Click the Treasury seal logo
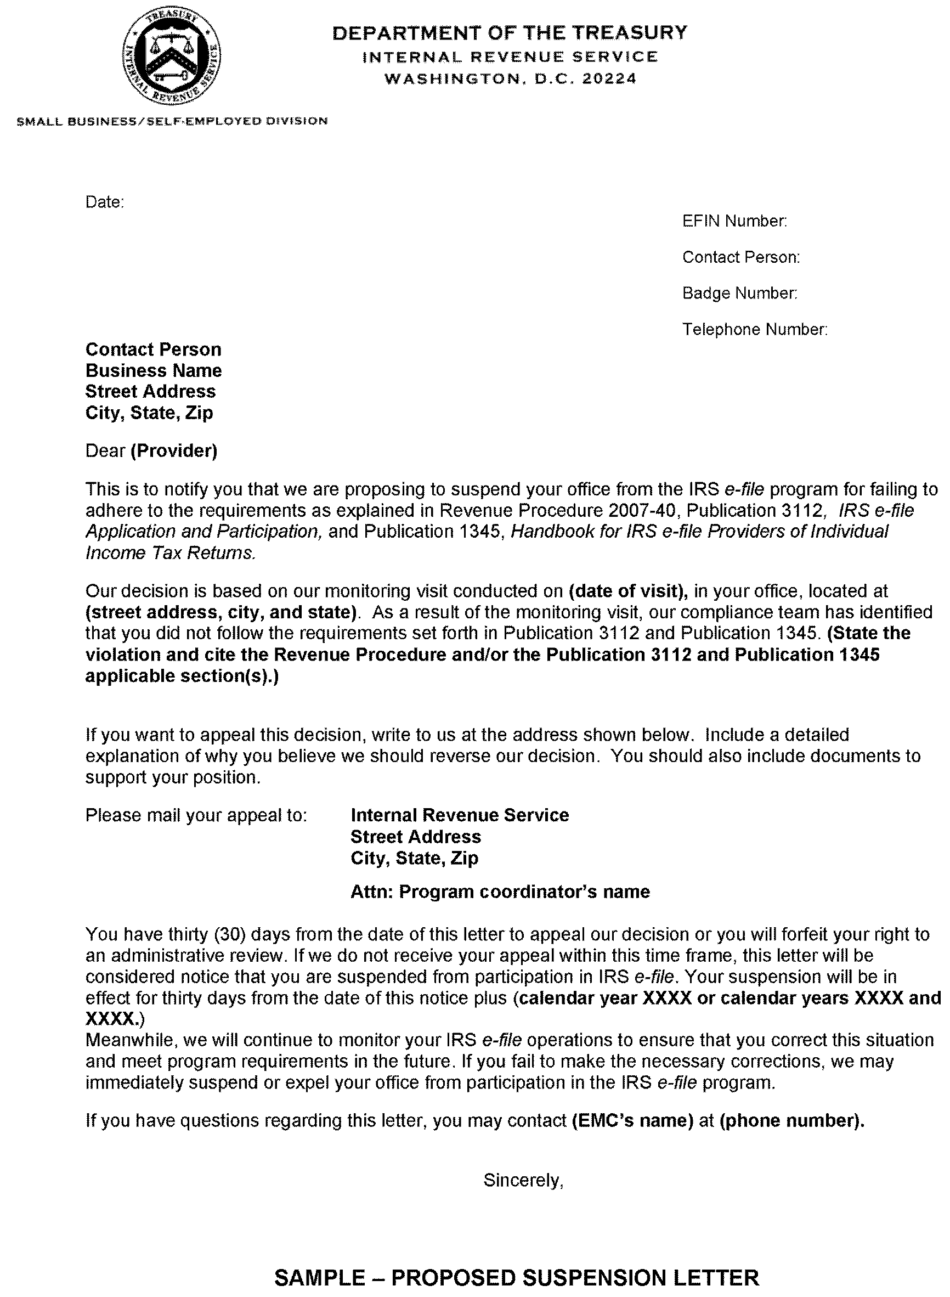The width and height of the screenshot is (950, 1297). [171, 58]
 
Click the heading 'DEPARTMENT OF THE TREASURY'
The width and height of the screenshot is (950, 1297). [510, 33]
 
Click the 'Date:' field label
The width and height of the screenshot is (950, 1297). [105, 202]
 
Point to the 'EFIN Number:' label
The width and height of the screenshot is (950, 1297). [734, 221]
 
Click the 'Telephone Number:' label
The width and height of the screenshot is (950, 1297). [755, 330]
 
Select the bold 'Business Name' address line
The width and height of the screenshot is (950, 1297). [154, 370]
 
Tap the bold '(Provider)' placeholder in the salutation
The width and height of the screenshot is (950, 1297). [174, 450]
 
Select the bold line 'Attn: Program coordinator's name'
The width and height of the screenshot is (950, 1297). [500, 892]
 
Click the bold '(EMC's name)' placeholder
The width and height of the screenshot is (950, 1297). [632, 1120]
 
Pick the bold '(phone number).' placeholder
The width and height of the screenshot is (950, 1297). [792, 1120]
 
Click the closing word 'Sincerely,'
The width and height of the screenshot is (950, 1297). [523, 1180]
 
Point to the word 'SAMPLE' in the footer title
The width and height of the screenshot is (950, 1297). [319, 1278]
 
